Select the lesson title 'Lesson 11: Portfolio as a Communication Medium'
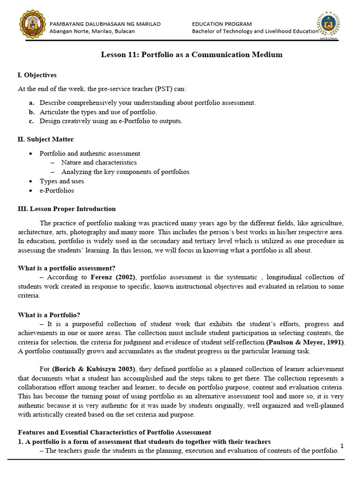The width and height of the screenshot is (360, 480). click(192, 55)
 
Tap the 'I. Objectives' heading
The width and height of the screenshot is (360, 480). click(37, 75)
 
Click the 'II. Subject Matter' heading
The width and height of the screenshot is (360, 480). click(45, 139)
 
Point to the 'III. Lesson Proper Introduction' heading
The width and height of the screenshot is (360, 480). click(67, 209)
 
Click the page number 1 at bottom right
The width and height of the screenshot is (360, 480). click(342, 446)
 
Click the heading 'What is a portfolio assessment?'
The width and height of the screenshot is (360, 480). click(67, 268)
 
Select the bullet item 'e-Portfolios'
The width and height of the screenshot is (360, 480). click(57, 190)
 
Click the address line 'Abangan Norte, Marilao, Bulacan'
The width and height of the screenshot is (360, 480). click(92, 31)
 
